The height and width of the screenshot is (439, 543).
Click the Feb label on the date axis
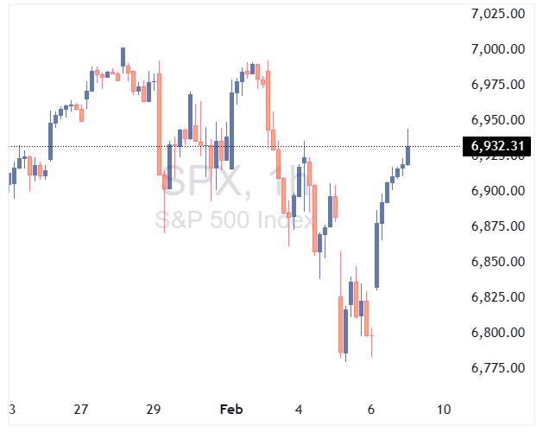pos(230,409)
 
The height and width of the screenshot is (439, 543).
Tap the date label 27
pos(81,409)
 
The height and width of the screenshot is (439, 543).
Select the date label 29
pos(155,409)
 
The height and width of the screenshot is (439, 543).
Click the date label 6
pos(370,409)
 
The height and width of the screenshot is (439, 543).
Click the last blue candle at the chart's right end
pos(407,154)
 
